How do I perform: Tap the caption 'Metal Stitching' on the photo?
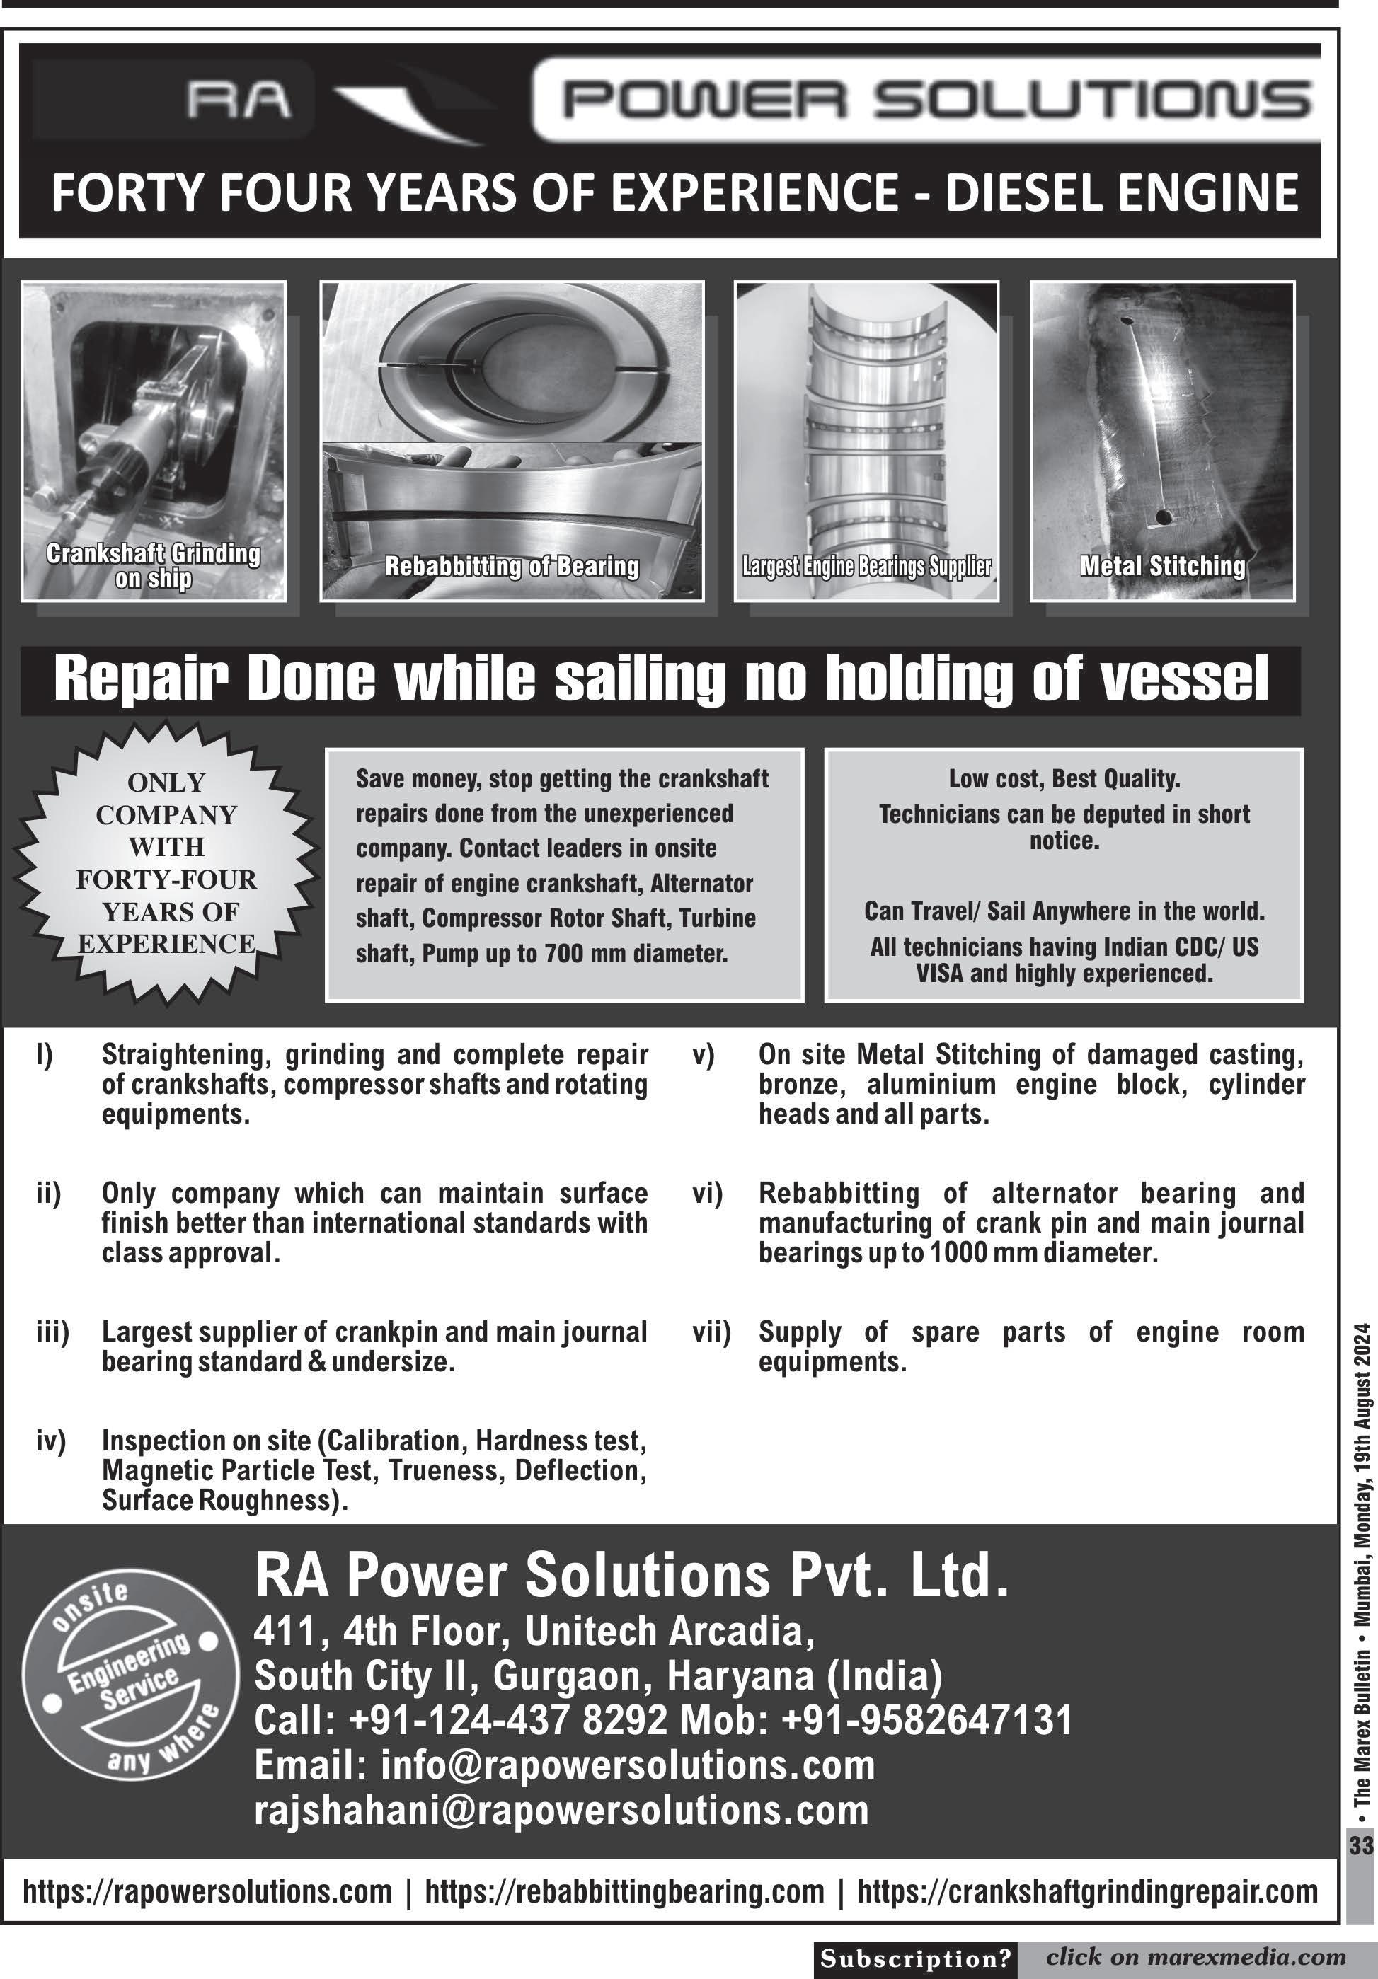click(1162, 566)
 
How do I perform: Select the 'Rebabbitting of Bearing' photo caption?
click(512, 566)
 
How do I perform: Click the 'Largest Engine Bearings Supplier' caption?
click(866, 566)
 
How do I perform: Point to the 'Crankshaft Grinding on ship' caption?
click(154, 565)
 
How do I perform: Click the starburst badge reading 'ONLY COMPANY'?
click(166, 862)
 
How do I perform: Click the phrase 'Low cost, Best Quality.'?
click(1064, 779)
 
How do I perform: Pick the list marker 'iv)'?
click(51, 1441)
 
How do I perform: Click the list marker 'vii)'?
click(711, 1332)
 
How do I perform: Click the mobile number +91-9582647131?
click(927, 1719)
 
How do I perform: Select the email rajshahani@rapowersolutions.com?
click(561, 1811)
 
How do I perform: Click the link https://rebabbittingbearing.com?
click(624, 1892)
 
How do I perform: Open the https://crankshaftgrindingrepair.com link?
click(1087, 1892)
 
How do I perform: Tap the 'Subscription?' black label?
click(915, 1959)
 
